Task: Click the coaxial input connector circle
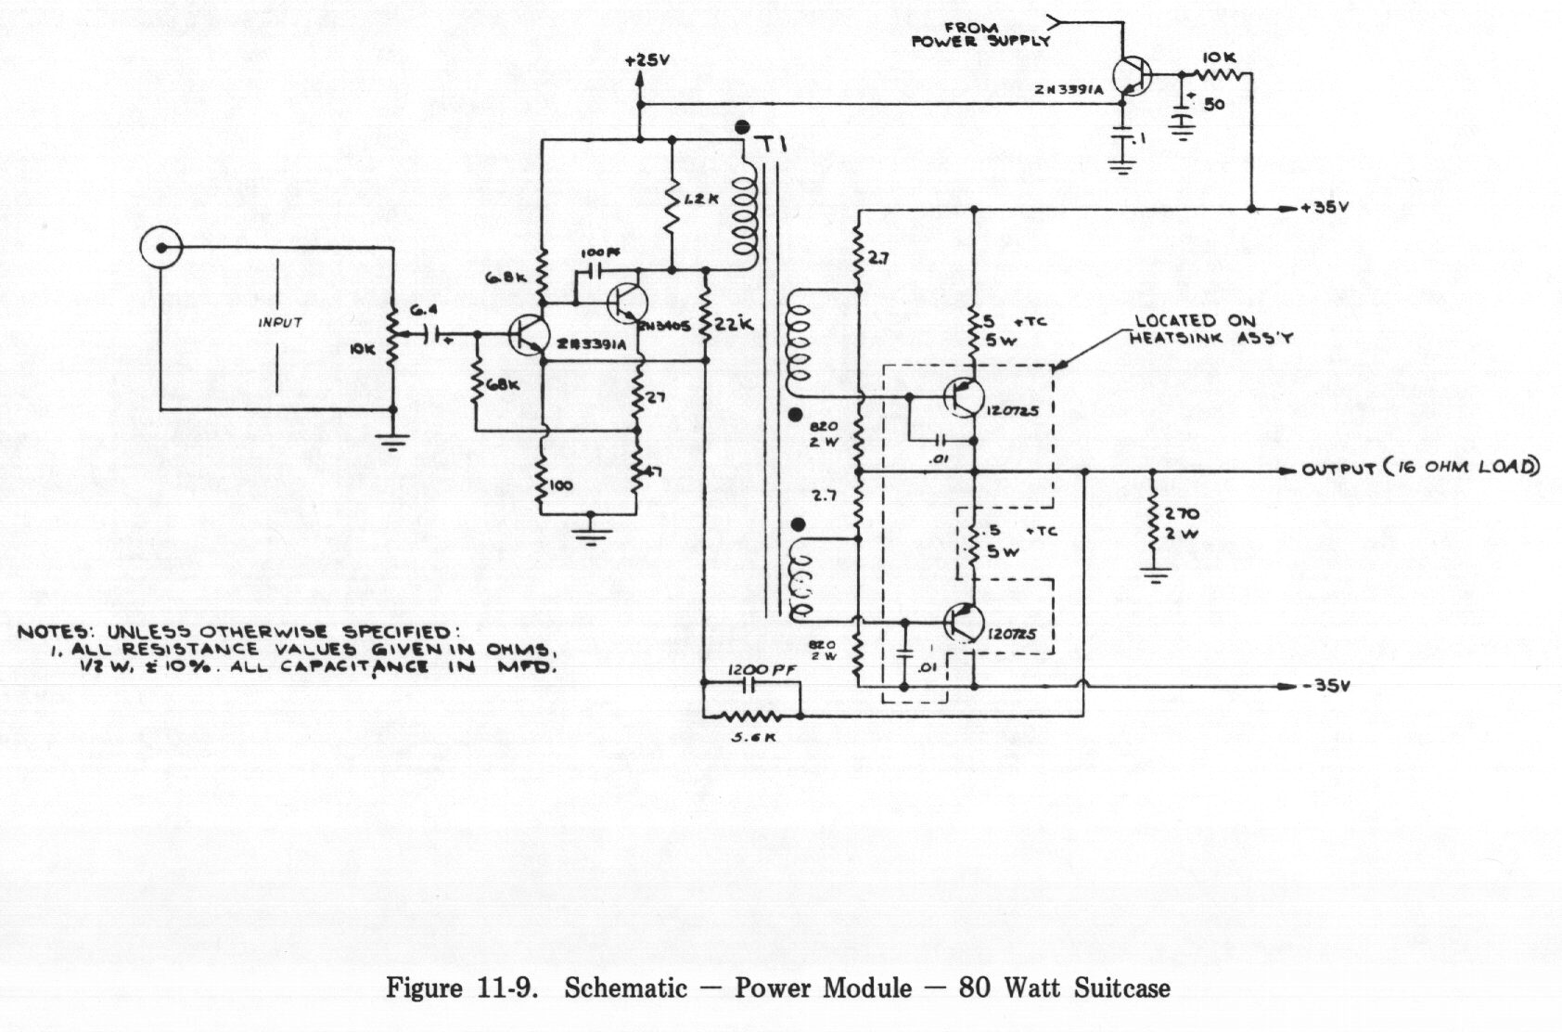tap(160, 248)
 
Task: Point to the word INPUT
tap(280, 323)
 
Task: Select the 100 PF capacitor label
tap(594, 252)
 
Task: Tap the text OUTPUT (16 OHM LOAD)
tap(1420, 468)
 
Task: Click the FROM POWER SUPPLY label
tap(980, 35)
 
